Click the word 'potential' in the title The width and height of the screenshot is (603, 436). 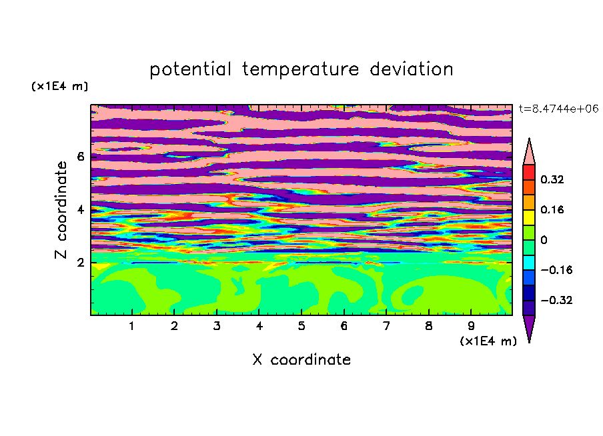[190, 69]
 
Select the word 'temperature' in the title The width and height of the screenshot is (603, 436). [300, 69]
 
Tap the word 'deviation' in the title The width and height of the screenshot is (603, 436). [412, 69]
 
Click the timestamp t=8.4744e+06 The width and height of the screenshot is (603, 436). [558, 109]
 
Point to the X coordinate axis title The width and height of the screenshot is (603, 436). [301, 360]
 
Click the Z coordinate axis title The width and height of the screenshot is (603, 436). [61, 209]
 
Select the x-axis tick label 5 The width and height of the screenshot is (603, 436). [301, 326]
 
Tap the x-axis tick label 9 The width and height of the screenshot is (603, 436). [471, 326]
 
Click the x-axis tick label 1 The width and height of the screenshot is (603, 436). [131, 326]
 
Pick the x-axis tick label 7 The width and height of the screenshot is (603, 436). [386, 326]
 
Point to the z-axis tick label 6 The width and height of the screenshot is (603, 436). [81, 157]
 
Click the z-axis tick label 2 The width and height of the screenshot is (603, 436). [81, 263]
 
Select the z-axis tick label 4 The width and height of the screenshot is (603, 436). [81, 209]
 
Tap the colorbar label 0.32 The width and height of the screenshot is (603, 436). [552, 179]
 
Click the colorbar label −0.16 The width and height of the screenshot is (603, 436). [556, 270]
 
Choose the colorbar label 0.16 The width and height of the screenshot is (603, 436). [552, 209]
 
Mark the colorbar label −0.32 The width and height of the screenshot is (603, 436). [556, 300]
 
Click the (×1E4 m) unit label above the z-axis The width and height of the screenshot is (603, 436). [59, 86]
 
